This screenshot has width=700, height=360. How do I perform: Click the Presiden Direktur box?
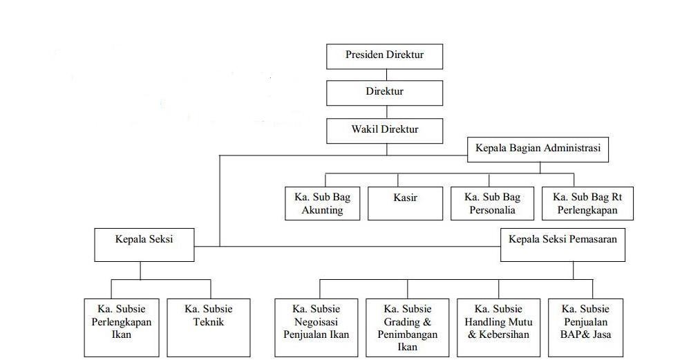[384, 56]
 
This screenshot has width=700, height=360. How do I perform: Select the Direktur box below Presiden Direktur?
[384, 93]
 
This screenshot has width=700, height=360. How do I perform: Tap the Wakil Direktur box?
[384, 131]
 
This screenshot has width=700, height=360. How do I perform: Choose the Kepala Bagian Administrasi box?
[538, 149]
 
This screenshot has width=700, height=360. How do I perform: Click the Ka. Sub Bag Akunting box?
[322, 203]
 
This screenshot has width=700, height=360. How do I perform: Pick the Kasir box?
[405, 203]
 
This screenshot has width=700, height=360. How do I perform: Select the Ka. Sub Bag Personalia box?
[492, 203]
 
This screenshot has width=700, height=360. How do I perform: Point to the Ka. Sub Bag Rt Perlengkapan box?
[587, 203]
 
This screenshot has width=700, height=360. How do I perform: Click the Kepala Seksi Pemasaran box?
[562, 245]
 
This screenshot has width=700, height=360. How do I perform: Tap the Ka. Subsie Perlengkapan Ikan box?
[121, 328]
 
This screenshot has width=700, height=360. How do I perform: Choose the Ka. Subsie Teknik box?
[209, 328]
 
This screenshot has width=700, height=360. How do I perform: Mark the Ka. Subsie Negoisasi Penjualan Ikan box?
[316, 328]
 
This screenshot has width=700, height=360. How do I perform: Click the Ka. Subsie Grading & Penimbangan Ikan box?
[408, 328]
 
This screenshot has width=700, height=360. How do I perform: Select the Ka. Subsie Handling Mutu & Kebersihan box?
[498, 328]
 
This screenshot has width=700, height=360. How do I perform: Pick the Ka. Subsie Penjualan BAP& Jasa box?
[585, 328]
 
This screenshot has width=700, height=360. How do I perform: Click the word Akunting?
[322, 210]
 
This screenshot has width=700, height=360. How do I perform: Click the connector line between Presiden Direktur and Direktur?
[386, 75]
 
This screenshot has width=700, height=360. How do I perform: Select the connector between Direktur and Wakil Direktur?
[386, 112]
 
